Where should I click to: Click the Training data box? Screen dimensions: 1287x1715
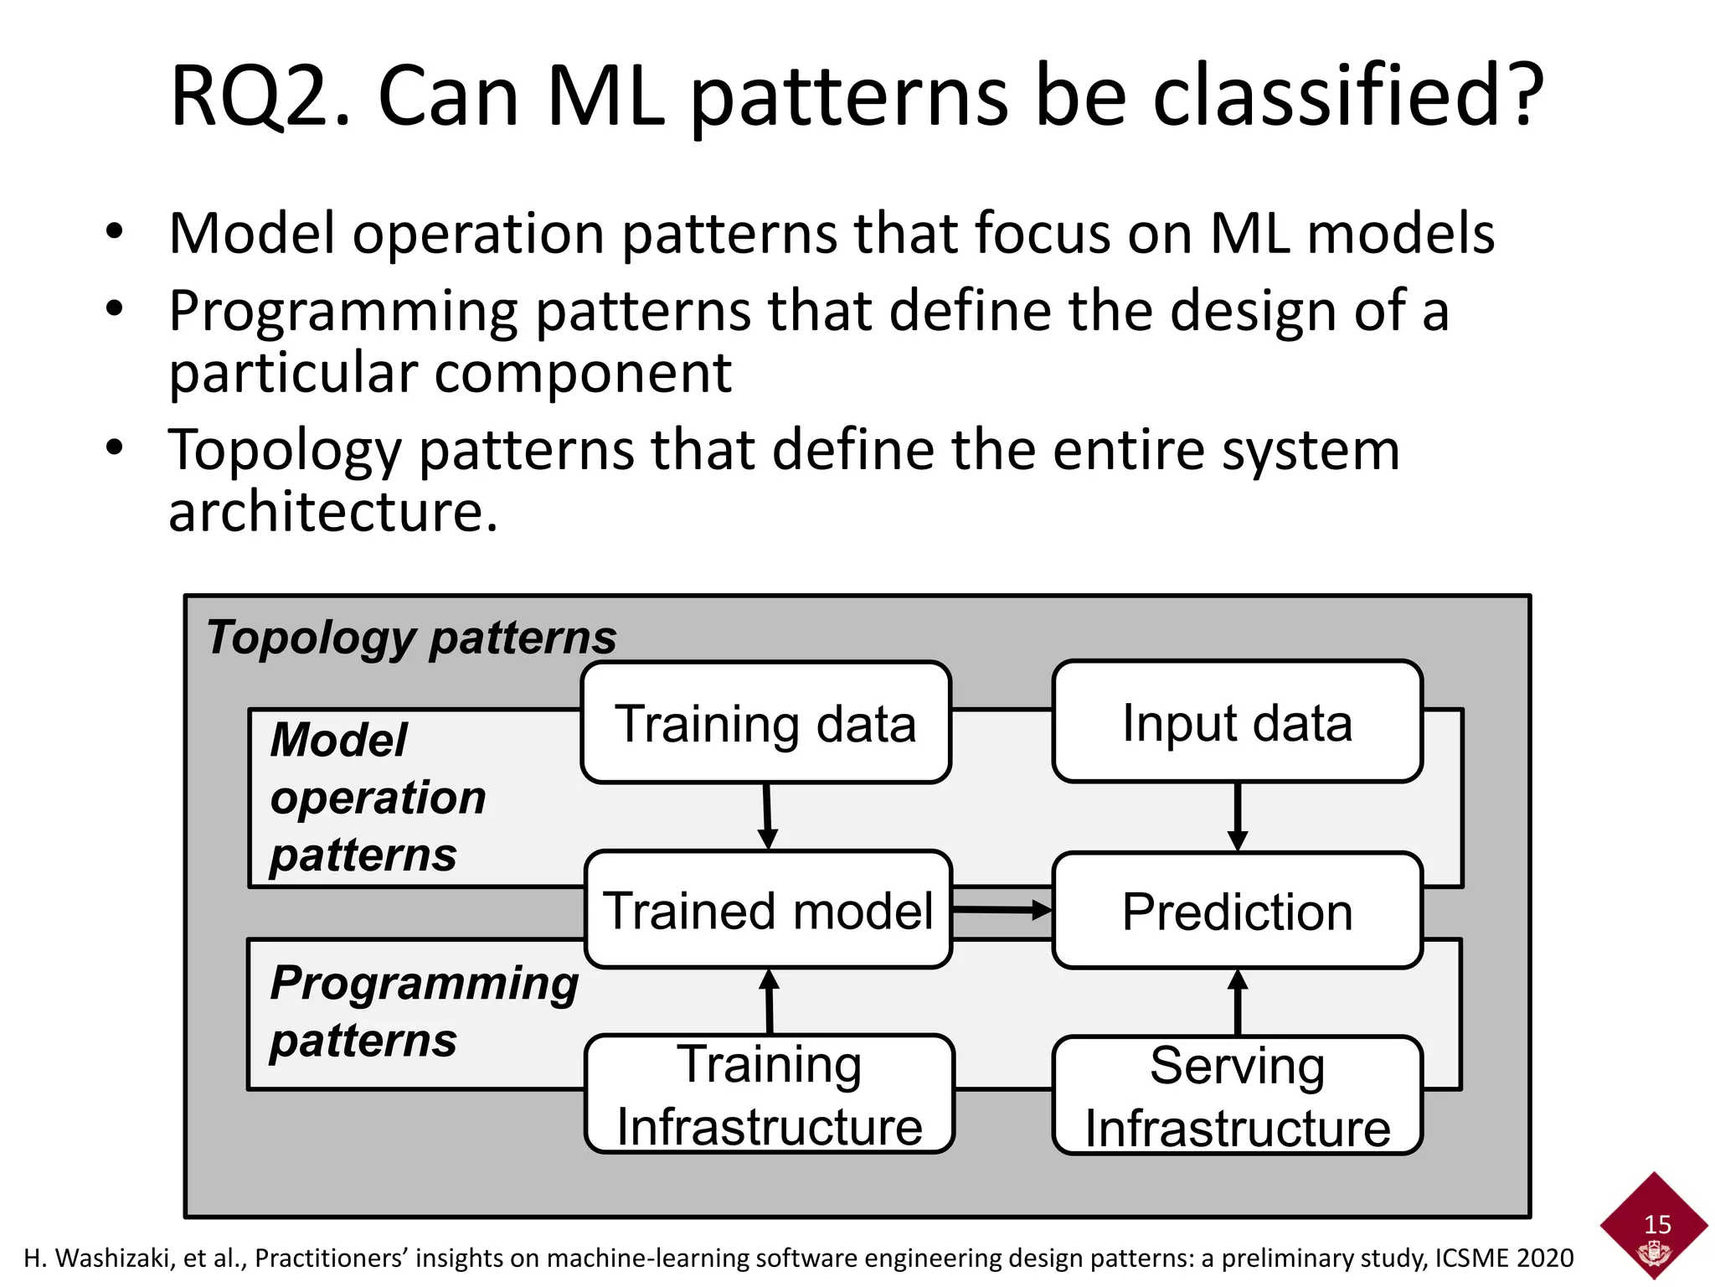765,722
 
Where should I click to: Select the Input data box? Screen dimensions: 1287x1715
1237,721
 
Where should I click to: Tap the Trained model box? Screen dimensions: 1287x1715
768,910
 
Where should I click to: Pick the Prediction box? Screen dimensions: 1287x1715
1237,911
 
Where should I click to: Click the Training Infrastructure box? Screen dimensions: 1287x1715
769,1094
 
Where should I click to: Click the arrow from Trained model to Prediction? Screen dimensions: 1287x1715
1002,909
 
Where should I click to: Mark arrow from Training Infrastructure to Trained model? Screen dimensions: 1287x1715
769,1001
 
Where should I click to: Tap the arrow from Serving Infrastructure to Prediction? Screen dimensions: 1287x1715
1238,1002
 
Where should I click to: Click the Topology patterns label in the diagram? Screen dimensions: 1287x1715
411,638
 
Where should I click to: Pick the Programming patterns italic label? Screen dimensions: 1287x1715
424,1011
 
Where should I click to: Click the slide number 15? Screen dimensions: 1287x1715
1657,1224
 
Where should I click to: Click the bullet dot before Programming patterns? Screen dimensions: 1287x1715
115,308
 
